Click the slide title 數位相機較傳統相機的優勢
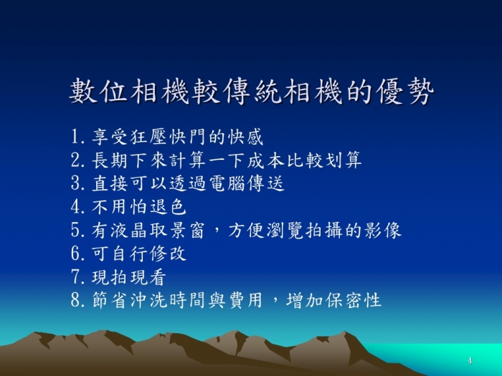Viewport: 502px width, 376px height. (252, 92)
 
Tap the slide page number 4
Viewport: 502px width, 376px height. (470, 361)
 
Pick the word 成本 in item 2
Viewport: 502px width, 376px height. (266, 160)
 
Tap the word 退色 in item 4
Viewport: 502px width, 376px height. (168, 207)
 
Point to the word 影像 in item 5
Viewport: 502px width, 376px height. (383, 230)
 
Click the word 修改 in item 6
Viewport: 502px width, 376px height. (168, 254)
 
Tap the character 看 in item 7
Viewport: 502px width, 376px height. (157, 277)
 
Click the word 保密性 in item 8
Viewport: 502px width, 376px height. (354, 300)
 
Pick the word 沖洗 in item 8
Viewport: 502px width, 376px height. (149, 300)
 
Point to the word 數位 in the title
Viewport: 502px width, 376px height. (99, 92)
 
